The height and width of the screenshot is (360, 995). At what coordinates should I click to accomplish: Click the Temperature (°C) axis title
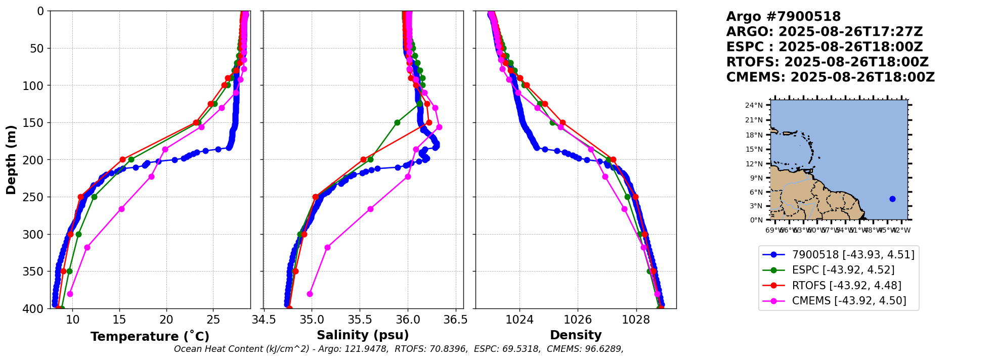tap(150, 337)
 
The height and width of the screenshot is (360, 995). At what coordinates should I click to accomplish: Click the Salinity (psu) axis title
tap(363, 335)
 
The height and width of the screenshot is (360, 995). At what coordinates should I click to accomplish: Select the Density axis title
tap(576, 335)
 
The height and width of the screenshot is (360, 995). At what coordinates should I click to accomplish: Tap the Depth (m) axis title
tap(11, 160)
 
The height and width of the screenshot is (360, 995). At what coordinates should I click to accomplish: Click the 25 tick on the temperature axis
tap(213, 320)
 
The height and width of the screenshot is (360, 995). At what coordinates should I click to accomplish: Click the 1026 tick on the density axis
tap(578, 320)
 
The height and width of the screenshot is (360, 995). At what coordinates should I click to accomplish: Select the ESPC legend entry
tap(843, 270)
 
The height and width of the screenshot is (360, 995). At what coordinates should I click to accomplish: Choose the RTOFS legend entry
tap(846, 286)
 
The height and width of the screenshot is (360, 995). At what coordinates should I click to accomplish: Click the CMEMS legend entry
tap(849, 301)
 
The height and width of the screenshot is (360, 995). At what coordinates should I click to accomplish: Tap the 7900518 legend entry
tap(853, 255)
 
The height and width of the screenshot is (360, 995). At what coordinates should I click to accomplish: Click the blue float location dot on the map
tap(892, 199)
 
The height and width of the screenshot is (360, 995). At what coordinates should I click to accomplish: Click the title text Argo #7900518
tap(783, 17)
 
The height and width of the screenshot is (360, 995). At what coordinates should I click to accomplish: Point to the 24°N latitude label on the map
tap(754, 106)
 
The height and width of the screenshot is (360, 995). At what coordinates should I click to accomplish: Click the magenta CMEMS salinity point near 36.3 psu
tap(439, 127)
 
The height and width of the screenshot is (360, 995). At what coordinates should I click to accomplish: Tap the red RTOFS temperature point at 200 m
tap(122, 160)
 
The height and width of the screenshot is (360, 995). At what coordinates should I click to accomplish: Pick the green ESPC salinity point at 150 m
tap(397, 122)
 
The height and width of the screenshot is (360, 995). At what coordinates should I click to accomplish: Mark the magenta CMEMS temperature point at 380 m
tap(70, 294)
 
